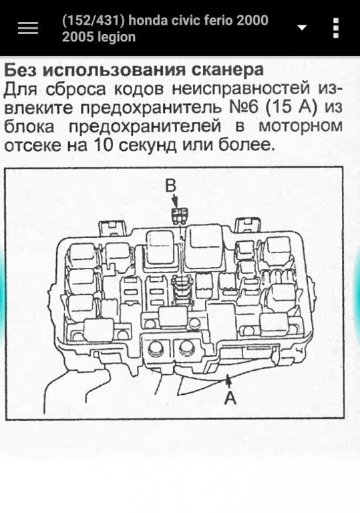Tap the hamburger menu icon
pyautogui.click(x=28, y=28)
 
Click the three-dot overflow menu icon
pyautogui.click(x=336, y=28)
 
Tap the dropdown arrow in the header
pyautogui.click(x=302, y=27)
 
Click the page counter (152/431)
pyautogui.click(x=94, y=21)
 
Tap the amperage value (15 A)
pyautogui.click(x=291, y=108)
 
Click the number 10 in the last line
pyautogui.click(x=103, y=144)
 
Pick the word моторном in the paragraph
pyautogui.click(x=301, y=126)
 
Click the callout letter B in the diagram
pyautogui.click(x=170, y=186)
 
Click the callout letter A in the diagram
pyautogui.click(x=230, y=398)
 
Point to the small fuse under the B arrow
pyautogui.click(x=179, y=216)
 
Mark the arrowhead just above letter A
pyautogui.click(x=228, y=379)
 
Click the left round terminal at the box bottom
pyautogui.click(x=155, y=349)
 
